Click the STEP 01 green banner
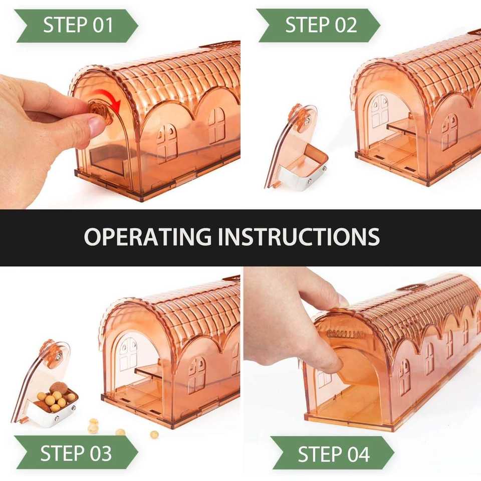pos(77,26)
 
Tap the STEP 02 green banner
pos(319,25)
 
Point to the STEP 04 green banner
pos(333,453)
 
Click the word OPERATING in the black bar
pos(147,236)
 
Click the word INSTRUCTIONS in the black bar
pos(299,236)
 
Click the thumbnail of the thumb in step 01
pos(97,124)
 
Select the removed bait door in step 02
pos(296,147)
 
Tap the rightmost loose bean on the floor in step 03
pos(154,434)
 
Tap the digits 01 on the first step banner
pos(103,25)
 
